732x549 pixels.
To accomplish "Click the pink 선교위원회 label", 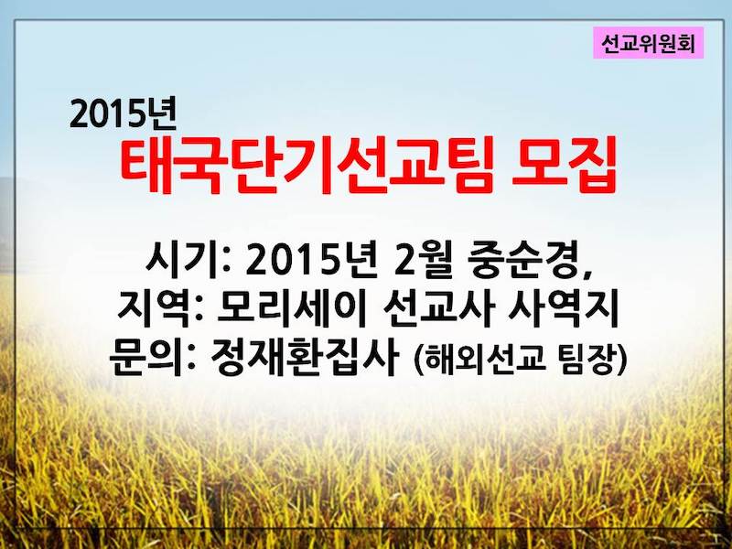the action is (648, 43).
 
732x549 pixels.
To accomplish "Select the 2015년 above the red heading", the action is (123, 114).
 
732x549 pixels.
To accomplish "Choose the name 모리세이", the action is (291, 309).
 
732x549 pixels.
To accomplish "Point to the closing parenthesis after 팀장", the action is (620, 361).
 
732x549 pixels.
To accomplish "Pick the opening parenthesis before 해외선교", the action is (418, 361).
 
